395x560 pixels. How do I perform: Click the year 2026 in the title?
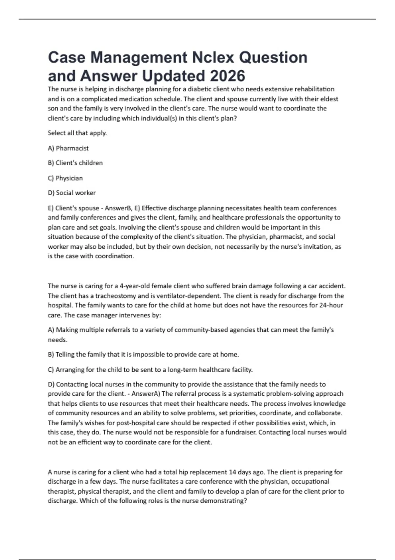[x=227, y=76]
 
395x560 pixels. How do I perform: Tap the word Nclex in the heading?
[x=213, y=58]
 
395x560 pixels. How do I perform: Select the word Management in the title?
[x=138, y=58]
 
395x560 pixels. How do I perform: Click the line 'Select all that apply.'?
[x=77, y=133]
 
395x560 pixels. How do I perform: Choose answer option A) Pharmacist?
[x=68, y=148]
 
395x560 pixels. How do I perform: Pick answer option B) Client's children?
[x=75, y=163]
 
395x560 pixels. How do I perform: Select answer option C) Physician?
[x=65, y=178]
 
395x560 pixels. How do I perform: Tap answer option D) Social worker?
[x=72, y=193]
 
